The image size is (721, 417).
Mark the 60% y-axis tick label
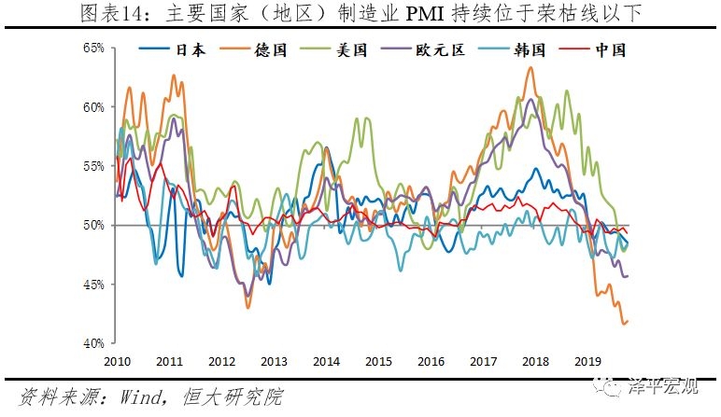92,106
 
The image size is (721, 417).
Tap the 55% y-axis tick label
92,165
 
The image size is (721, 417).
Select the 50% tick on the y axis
92,225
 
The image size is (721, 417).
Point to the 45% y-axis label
92,284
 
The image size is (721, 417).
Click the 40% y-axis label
92,343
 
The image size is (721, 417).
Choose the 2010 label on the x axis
116,361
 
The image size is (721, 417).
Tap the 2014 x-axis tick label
325,361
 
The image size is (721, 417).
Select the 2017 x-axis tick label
482,361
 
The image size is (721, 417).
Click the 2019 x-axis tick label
587,361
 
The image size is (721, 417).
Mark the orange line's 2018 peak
530,67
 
